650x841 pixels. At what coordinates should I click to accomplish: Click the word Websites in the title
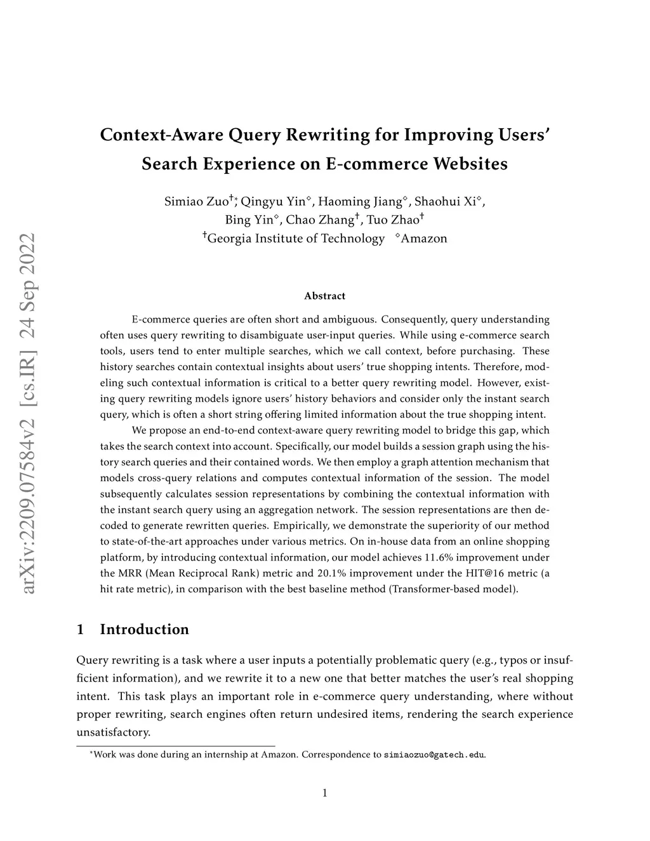(x=470, y=164)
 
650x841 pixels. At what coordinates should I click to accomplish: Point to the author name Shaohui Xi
(x=446, y=202)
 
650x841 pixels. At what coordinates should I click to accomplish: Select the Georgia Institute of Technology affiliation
(x=296, y=239)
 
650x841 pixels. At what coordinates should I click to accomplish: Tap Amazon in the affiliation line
(x=424, y=239)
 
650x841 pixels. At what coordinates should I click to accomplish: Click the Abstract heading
(x=324, y=296)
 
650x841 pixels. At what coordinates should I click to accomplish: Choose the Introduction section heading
(x=144, y=630)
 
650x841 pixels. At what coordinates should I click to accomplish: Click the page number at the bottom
(x=324, y=793)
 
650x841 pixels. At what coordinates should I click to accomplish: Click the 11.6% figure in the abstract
(x=438, y=557)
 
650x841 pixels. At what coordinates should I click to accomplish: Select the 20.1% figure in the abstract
(x=331, y=573)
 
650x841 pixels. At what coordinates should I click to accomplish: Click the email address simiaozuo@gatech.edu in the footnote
(x=434, y=755)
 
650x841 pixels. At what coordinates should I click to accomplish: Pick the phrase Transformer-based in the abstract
(x=432, y=589)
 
